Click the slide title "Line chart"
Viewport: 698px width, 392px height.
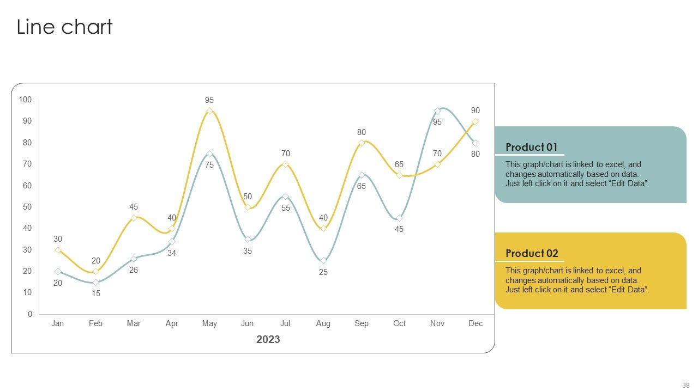(64, 27)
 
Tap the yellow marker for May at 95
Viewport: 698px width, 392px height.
(209, 111)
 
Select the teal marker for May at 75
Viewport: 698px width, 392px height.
(209, 154)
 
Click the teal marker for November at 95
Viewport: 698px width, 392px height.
(437, 111)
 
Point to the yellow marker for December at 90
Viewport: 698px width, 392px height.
(476, 122)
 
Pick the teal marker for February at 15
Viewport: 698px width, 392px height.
(95, 282)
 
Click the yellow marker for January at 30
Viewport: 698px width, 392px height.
(58, 250)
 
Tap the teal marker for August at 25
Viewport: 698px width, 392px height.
(323, 261)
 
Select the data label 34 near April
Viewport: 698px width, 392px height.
(172, 253)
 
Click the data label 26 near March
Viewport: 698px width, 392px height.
(134, 270)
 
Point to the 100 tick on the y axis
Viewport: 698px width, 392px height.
(25, 100)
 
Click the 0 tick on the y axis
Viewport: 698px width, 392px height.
(29, 314)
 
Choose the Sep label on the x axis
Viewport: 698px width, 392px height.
(362, 323)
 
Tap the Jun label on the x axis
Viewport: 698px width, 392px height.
(247, 323)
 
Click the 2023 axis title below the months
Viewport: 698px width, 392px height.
(268, 340)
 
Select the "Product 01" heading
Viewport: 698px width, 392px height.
(532, 147)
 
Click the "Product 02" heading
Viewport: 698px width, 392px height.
(532, 253)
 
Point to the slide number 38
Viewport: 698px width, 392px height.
(685, 385)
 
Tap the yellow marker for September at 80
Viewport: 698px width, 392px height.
(362, 143)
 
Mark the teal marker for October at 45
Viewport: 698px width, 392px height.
(399, 218)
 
